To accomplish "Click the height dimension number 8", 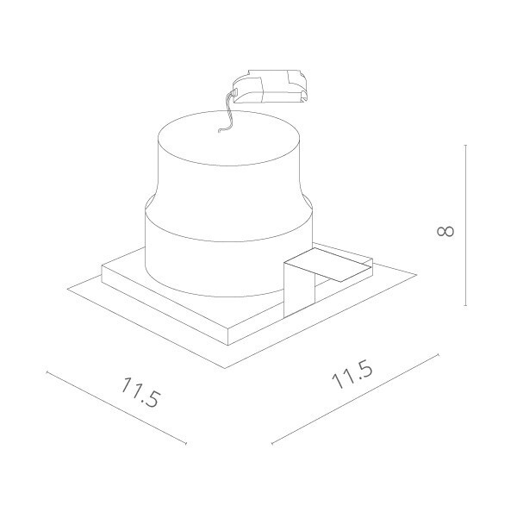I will pyautogui.click(x=445, y=231).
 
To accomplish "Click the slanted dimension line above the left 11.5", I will pyautogui.click(x=116, y=409).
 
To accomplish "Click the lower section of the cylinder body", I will pyautogui.click(x=215, y=259).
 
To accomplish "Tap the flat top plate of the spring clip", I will pyautogui.click(x=327, y=265).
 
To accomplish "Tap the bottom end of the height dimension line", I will pyautogui.click(x=466, y=305).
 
